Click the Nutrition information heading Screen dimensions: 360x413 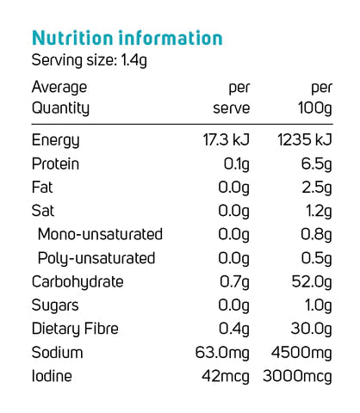point(127,38)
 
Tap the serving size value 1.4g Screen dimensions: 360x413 point(133,61)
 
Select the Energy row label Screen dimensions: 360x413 point(55,140)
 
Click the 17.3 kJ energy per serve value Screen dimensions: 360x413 point(227,139)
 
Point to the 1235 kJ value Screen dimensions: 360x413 point(305,139)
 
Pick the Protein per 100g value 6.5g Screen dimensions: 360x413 point(316,164)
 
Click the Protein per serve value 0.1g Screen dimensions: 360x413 point(237,164)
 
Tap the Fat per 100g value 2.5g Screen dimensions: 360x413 point(317,188)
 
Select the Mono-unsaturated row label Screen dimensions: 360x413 point(100,234)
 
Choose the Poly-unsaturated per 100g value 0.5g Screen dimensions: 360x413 point(316,259)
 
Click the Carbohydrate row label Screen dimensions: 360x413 point(78,282)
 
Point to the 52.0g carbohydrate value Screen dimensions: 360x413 point(312,282)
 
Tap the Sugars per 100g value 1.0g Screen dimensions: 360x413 point(319,305)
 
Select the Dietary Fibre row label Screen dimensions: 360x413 point(75,329)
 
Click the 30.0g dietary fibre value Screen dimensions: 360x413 point(312,330)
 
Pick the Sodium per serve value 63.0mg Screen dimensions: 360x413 point(222,353)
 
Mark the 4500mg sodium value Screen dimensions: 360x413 point(301,353)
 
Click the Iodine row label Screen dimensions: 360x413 point(52,376)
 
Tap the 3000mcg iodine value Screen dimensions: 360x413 point(297,377)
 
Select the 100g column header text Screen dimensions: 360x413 point(315,109)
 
